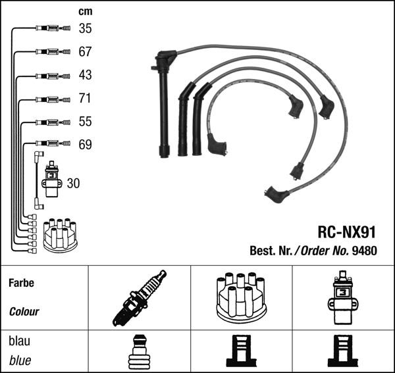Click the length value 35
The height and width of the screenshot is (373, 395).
(x=86, y=28)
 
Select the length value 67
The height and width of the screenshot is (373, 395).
(x=86, y=51)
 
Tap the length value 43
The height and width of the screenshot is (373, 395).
(x=86, y=75)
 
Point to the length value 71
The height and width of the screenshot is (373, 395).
(x=86, y=98)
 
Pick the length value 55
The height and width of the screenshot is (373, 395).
(x=86, y=122)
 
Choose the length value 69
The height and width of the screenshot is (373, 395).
(x=86, y=145)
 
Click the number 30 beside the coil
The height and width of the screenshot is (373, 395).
(x=73, y=184)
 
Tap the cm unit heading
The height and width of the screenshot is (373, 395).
(x=86, y=11)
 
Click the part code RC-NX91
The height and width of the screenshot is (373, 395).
(x=346, y=232)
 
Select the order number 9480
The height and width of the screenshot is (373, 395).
(x=365, y=250)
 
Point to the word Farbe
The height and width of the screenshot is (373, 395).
(x=21, y=284)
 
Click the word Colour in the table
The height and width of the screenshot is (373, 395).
(x=24, y=312)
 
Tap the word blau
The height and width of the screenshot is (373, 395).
(x=19, y=342)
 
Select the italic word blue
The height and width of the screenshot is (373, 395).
(x=20, y=361)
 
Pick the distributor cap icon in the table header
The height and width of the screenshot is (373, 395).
(x=240, y=297)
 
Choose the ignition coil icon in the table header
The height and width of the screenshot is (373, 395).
(x=342, y=297)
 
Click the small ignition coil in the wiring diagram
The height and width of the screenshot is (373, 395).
(x=51, y=179)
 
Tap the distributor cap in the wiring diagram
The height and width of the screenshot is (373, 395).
(x=60, y=235)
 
